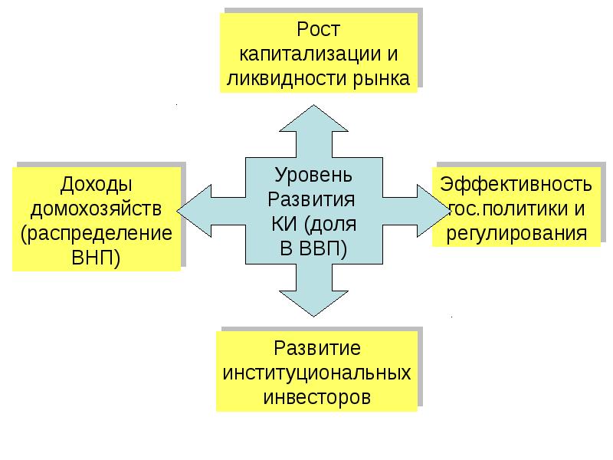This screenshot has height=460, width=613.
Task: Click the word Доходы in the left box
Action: tap(97, 185)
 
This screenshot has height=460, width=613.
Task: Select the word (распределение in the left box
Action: tap(97, 232)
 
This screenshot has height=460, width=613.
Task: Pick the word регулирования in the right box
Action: tap(515, 232)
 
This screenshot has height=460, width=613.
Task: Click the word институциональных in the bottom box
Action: tap(317, 374)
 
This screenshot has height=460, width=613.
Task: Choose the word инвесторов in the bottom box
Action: tap(317, 398)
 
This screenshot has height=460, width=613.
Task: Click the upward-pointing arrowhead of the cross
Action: tap(313, 123)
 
